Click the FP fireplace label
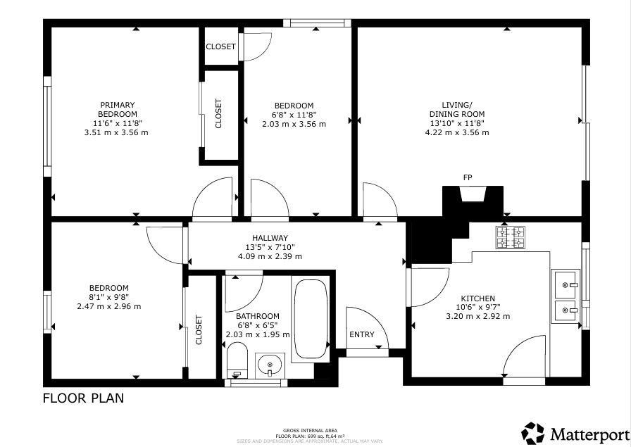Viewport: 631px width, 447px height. (467, 177)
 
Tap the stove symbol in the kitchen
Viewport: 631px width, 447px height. (511, 238)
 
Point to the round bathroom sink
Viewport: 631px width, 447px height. (270, 365)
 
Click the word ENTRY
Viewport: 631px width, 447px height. (362, 334)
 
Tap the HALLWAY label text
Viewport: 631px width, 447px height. (270, 238)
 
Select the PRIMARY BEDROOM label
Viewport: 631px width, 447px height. (118, 109)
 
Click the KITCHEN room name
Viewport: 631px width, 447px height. (477, 298)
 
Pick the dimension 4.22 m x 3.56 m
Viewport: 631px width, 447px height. (457, 133)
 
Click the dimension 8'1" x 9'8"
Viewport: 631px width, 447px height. (109, 297)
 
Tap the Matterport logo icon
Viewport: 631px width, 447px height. (533, 434)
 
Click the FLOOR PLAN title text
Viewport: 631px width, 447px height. (83, 398)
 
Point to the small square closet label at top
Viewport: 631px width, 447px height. (220, 46)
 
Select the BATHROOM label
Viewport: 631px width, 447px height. (258, 316)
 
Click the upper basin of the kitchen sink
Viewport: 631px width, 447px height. (566, 285)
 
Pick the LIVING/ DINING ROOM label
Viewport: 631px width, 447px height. (457, 109)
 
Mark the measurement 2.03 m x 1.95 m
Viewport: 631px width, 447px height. (258, 334)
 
